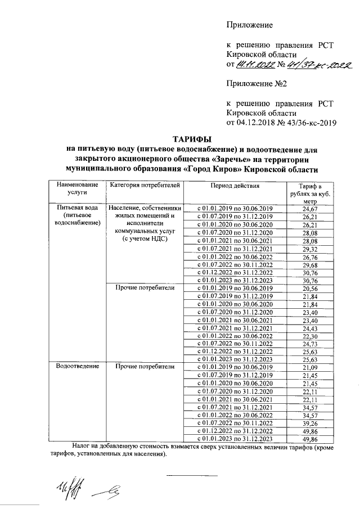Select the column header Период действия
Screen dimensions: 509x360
click(x=235, y=185)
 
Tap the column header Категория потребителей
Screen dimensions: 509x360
click(x=145, y=185)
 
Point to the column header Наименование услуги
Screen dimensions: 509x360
click(x=76, y=188)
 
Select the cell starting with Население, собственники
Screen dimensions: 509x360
click(x=145, y=209)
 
